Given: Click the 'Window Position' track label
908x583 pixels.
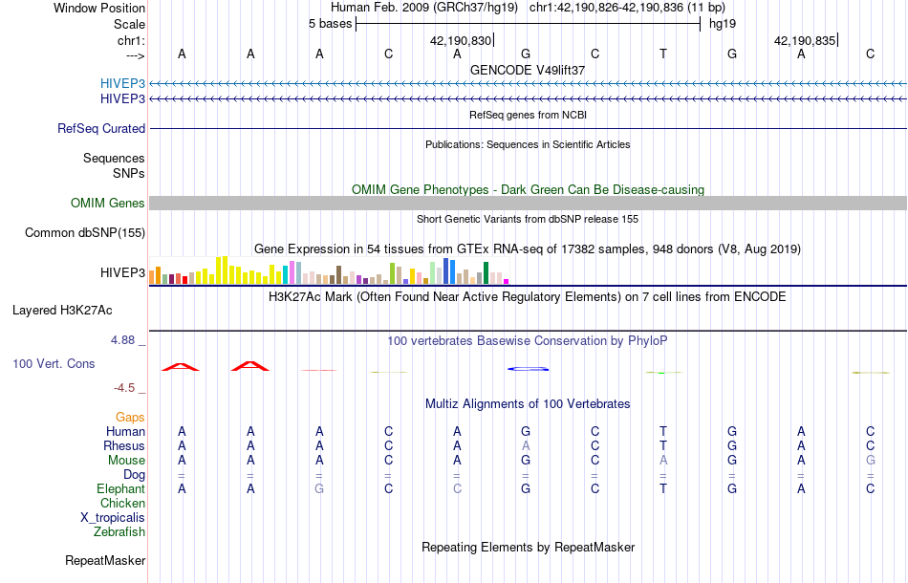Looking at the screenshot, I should [99, 8].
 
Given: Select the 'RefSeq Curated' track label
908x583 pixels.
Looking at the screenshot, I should [101, 128].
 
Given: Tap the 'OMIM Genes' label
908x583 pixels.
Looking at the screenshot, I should [108, 203].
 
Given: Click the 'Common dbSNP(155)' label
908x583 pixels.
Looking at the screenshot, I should [85, 232].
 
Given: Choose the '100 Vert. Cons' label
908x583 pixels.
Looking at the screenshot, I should [54, 364].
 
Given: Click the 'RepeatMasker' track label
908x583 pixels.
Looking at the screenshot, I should [105, 560].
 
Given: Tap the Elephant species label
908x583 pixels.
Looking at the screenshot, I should [120, 488].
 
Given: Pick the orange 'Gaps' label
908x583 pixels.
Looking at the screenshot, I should [130, 417].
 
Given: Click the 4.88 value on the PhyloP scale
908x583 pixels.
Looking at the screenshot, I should [123, 339].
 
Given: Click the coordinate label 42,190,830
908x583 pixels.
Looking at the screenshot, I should [461, 40].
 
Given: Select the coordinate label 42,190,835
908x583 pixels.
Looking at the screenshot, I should [805, 40].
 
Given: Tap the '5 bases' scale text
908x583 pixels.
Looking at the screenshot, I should [330, 24].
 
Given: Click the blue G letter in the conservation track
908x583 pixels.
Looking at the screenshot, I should [527, 368].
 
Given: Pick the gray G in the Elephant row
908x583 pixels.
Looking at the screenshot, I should [319, 488].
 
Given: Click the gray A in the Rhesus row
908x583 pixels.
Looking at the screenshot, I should [526, 445].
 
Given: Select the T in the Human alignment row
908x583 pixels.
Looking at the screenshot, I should [663, 431].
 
